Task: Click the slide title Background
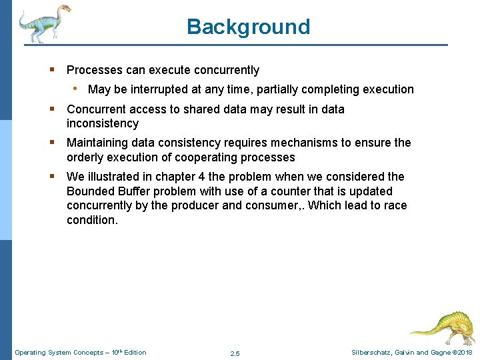pos(248,27)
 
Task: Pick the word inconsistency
pos(103,123)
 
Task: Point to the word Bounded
pos(89,191)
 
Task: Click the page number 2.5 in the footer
pos(235,353)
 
